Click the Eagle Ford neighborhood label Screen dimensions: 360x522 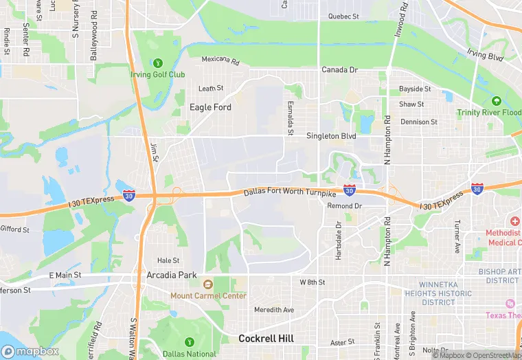coord(210,107)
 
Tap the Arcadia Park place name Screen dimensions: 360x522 coord(172,275)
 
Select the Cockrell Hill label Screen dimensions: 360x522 coord(266,339)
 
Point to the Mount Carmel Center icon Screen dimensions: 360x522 coord(207,284)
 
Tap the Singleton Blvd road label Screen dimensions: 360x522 coord(331,136)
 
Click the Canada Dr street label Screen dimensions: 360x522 coord(340,70)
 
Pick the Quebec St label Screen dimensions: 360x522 coord(343,16)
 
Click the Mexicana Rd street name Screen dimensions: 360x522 coord(220,60)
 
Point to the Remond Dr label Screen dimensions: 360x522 coord(344,206)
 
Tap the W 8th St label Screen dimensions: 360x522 coord(312,282)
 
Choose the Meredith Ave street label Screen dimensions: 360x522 coord(273,310)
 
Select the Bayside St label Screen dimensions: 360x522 coord(415,89)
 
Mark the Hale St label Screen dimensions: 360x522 coord(168,260)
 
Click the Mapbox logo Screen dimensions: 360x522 coord(30,351)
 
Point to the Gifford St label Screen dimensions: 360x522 coord(15,229)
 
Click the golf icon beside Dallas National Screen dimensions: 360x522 coord(189,341)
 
